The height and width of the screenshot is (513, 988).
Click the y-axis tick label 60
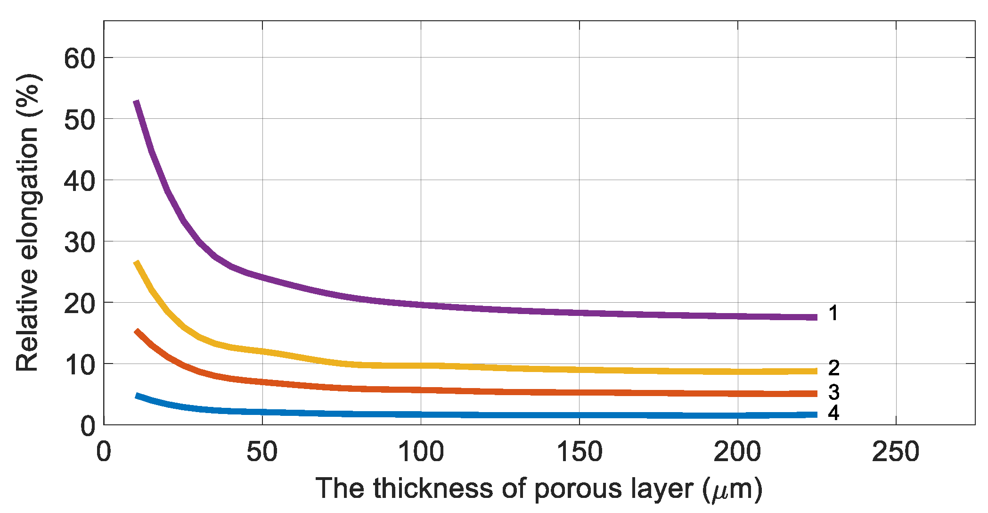pos(79,59)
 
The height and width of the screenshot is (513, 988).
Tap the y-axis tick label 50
pos(79,120)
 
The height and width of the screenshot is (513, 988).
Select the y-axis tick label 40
pos(79,181)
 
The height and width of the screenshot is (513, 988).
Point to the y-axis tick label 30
pos(79,242)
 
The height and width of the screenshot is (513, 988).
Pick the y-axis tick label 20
pos(79,304)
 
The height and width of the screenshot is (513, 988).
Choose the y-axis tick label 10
pos(79,365)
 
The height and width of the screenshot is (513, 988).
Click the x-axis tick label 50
pos(262,452)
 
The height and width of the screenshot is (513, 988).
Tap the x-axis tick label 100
pos(421,452)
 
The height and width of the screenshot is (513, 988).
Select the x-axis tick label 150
pos(579,452)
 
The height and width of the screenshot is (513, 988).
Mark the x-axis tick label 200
pos(737,452)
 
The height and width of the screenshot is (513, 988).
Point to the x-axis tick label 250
pos(896,452)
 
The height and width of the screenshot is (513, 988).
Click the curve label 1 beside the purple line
pos(833,313)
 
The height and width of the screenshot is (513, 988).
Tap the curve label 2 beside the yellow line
pos(833,368)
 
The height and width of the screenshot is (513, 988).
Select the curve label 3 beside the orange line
pos(833,392)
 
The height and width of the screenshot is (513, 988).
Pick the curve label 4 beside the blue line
pos(833,413)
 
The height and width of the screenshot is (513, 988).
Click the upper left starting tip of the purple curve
pos(137,102)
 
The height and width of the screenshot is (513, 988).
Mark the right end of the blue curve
pos(815,414)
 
